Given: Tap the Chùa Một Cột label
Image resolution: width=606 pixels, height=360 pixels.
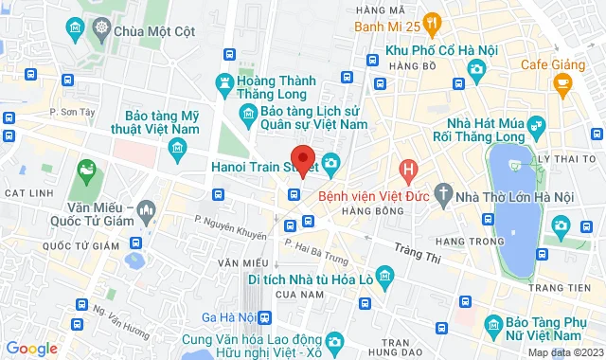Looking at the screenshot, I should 147,30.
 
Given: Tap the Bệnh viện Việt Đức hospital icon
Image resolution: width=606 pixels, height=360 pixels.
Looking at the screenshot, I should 408,172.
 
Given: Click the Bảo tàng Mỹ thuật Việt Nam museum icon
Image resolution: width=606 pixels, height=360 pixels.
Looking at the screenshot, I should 176,148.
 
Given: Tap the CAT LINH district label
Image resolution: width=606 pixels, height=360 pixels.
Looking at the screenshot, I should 26,192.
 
